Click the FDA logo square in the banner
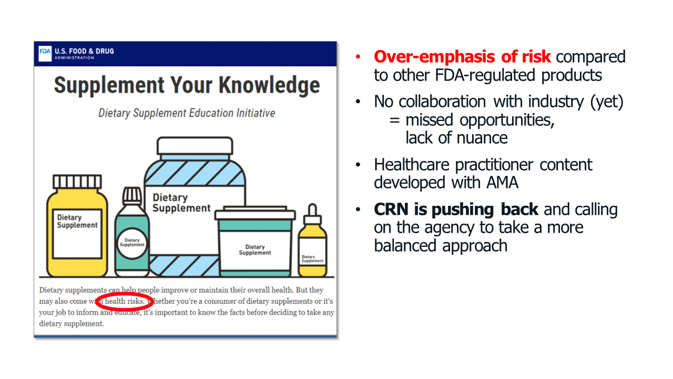pyautogui.click(x=45, y=54)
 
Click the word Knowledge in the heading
pyautogui.click(x=269, y=86)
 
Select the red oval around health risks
pyautogui.click(x=125, y=302)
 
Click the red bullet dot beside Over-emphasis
pyautogui.click(x=358, y=56)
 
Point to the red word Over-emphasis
pyautogui.click(x=434, y=56)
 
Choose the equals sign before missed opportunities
pyautogui.click(x=394, y=121)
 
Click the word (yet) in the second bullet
pyautogui.click(x=607, y=102)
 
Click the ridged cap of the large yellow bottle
pyautogui.click(x=77, y=182)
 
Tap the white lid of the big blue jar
pyautogui.click(x=195, y=146)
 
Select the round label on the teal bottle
pyautogui.click(x=132, y=243)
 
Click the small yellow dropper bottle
pyautogui.click(x=312, y=241)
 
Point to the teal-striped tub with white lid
pyautogui.click(x=255, y=241)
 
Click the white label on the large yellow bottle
pyautogui.click(x=77, y=234)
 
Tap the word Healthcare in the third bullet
pyautogui.click(x=411, y=165)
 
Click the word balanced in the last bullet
pyautogui.click(x=405, y=245)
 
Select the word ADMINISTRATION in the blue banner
pyautogui.click(x=75, y=58)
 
